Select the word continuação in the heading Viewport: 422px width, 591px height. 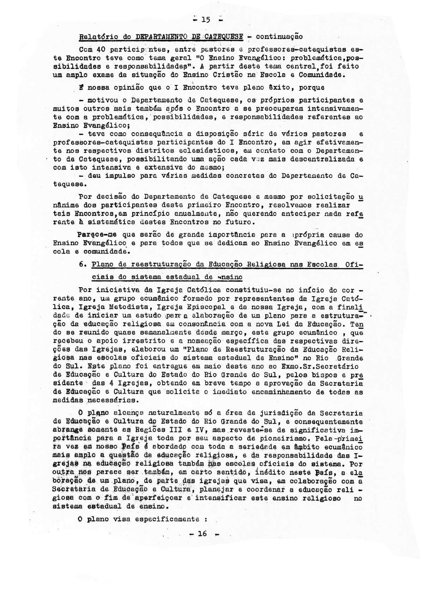279,36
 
